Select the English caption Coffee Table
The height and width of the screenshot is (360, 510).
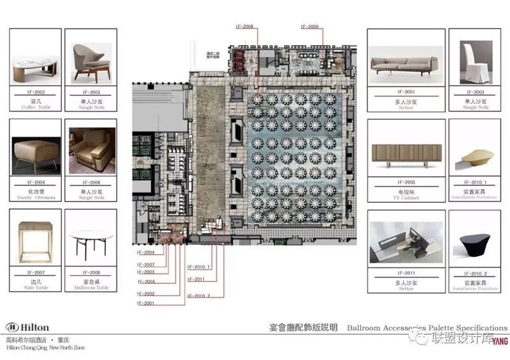[36, 107]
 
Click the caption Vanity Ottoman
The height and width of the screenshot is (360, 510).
[36, 198]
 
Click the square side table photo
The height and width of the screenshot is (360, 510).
[36, 241]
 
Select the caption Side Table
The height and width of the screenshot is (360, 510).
[36, 287]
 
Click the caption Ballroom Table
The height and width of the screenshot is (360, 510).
[92, 287]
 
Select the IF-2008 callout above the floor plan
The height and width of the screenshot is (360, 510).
[245, 27]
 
